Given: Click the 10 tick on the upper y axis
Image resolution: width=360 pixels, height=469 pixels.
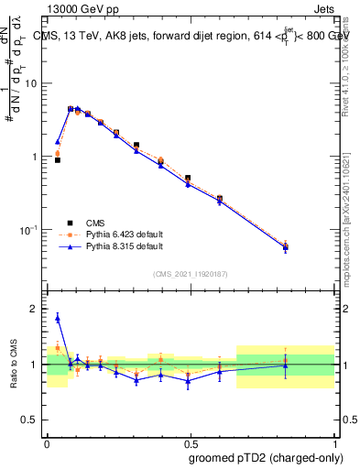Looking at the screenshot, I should pos(31,83).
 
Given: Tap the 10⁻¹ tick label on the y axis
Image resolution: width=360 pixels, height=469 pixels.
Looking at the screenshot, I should pos(27,229).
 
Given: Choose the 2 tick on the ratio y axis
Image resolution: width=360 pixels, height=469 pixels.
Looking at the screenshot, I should pos(36,310).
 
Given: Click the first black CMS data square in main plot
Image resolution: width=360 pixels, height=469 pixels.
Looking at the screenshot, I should pos(57,159).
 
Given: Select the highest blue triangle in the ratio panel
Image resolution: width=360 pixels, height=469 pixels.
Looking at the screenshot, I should pos(57,318).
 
